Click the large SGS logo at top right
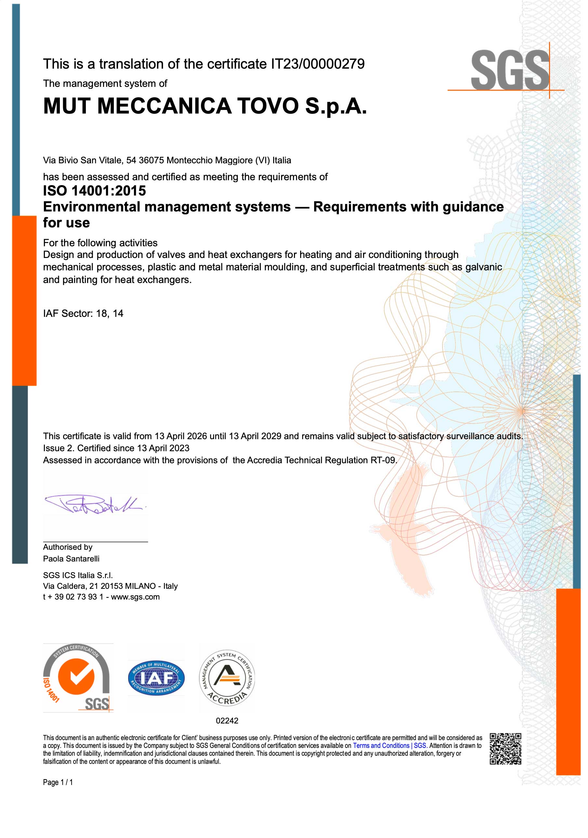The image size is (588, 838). click(x=510, y=71)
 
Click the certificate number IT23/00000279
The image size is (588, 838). click(x=317, y=64)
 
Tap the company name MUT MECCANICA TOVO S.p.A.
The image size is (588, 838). click(x=205, y=106)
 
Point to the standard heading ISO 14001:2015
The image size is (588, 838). click(x=94, y=191)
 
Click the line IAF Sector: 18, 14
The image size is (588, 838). click(x=83, y=313)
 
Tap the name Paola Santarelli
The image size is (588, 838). click(x=71, y=559)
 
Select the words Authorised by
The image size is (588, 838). click(x=68, y=547)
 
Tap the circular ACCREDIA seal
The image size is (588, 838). click(x=227, y=679)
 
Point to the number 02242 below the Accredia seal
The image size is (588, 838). click(x=227, y=721)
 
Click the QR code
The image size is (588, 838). click(x=505, y=749)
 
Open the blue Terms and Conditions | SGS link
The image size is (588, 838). click(x=389, y=746)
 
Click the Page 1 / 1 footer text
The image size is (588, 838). click(x=58, y=782)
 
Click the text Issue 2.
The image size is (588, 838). click(x=59, y=448)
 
